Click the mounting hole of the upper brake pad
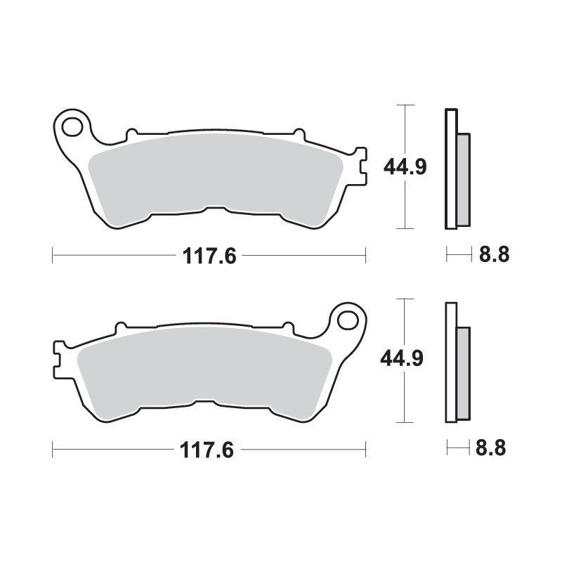(72, 127)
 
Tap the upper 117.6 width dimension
(209, 256)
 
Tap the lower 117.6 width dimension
(209, 447)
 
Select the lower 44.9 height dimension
(401, 360)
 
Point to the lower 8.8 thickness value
(491, 447)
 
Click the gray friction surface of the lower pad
(204, 369)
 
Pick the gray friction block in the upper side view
(464, 178)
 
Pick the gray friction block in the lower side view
(463, 372)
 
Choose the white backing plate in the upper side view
(450, 169)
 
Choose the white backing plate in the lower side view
(450, 362)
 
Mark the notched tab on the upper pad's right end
(360, 166)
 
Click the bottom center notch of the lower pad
(204, 402)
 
